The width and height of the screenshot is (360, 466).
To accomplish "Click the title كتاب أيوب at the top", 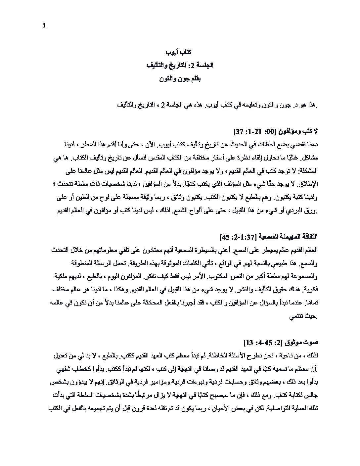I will (178, 52).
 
